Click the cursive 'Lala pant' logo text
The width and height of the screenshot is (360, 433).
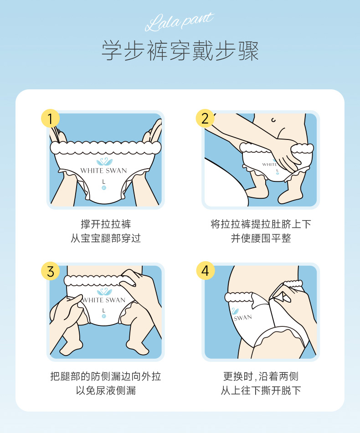(x=179, y=22)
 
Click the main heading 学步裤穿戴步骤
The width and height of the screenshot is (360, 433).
(x=180, y=51)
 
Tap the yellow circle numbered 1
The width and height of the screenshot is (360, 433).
(x=51, y=119)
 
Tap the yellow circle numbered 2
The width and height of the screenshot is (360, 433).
(x=206, y=119)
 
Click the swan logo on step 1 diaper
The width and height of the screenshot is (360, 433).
(x=104, y=162)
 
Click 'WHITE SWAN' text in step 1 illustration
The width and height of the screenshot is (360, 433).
(x=104, y=171)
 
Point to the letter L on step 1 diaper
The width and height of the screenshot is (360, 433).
(x=104, y=182)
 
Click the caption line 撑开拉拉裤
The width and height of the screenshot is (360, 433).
(x=106, y=224)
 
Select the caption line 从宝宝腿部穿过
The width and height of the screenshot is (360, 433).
(x=106, y=238)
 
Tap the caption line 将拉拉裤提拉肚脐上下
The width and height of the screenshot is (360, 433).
(x=261, y=224)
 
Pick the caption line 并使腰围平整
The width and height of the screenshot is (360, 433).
(x=261, y=238)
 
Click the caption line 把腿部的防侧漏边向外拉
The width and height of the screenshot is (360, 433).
(x=106, y=376)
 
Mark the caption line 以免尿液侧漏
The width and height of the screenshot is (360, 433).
(x=106, y=390)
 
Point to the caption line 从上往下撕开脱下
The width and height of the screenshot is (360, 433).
(x=261, y=390)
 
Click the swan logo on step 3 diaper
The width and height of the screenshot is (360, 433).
(x=104, y=292)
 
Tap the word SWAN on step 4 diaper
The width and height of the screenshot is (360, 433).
(x=243, y=317)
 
